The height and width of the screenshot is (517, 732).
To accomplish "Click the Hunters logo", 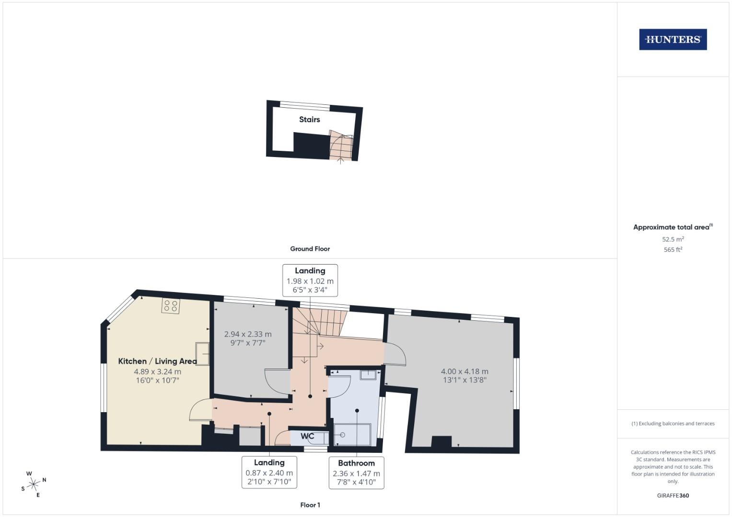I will (x=673, y=39).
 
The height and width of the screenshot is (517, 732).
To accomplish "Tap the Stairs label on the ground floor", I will (x=309, y=120).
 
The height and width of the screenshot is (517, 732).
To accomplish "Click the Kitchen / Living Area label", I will (x=157, y=361).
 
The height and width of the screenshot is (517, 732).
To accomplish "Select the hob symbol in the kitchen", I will (x=171, y=306).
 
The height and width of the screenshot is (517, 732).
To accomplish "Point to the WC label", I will (x=307, y=436).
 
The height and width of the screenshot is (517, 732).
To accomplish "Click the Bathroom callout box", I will (x=356, y=472).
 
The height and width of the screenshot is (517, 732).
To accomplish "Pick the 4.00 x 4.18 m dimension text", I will (x=465, y=371).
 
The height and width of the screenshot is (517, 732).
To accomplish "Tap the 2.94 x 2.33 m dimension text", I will (x=248, y=334).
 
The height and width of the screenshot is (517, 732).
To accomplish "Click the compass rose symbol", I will (x=34, y=484).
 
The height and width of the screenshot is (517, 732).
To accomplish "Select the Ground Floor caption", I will (x=310, y=249).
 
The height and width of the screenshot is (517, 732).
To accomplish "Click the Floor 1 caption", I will (x=310, y=505).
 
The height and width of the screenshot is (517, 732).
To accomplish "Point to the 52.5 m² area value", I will (x=673, y=239).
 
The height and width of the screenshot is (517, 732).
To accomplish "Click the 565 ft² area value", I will (x=673, y=250).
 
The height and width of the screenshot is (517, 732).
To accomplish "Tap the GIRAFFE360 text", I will (x=673, y=495).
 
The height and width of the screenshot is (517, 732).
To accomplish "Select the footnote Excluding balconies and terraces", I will (x=673, y=424).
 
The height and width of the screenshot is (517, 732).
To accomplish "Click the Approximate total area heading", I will (x=673, y=227).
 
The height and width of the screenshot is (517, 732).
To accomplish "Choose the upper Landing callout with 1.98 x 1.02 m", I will (x=310, y=281).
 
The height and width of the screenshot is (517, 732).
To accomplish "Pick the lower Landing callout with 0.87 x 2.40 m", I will (x=269, y=472).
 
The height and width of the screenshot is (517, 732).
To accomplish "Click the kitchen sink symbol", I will (x=202, y=354).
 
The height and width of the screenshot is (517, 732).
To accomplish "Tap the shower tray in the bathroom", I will (x=352, y=434).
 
